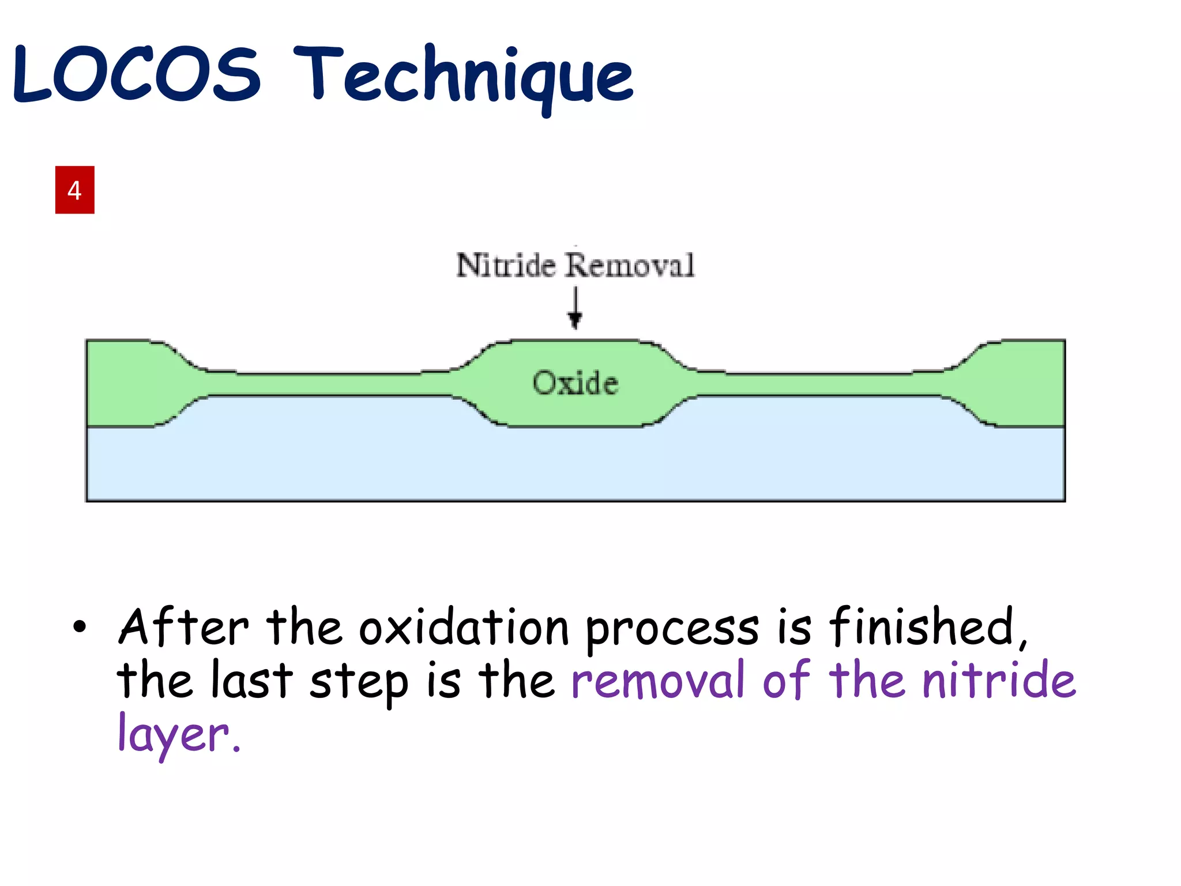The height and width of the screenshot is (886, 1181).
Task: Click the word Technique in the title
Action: pyautogui.click(x=464, y=78)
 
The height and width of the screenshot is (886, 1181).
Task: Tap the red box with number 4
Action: pyautogui.click(x=74, y=190)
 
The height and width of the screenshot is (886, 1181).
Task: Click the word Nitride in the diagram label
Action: pyautogui.click(x=506, y=265)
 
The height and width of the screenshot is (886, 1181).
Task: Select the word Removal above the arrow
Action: pyautogui.click(x=630, y=265)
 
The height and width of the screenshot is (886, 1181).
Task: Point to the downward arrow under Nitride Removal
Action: pyautogui.click(x=575, y=309)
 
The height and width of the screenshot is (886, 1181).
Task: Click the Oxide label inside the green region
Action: pyautogui.click(x=575, y=383)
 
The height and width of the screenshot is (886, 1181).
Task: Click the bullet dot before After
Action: pyautogui.click(x=80, y=627)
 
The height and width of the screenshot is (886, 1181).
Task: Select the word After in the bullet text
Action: pyautogui.click(x=183, y=627)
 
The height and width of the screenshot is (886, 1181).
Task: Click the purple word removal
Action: pyautogui.click(x=657, y=681)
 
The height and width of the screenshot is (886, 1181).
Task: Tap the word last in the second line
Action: pyautogui.click(x=252, y=681)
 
